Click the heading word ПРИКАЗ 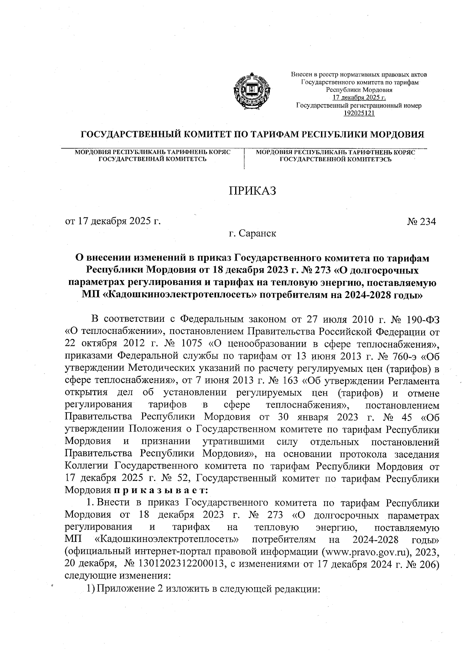point(252,191)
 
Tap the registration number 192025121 point(359,113)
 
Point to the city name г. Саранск point(252,234)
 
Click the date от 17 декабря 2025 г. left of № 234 point(113,221)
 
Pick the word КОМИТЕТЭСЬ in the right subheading point(363,159)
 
